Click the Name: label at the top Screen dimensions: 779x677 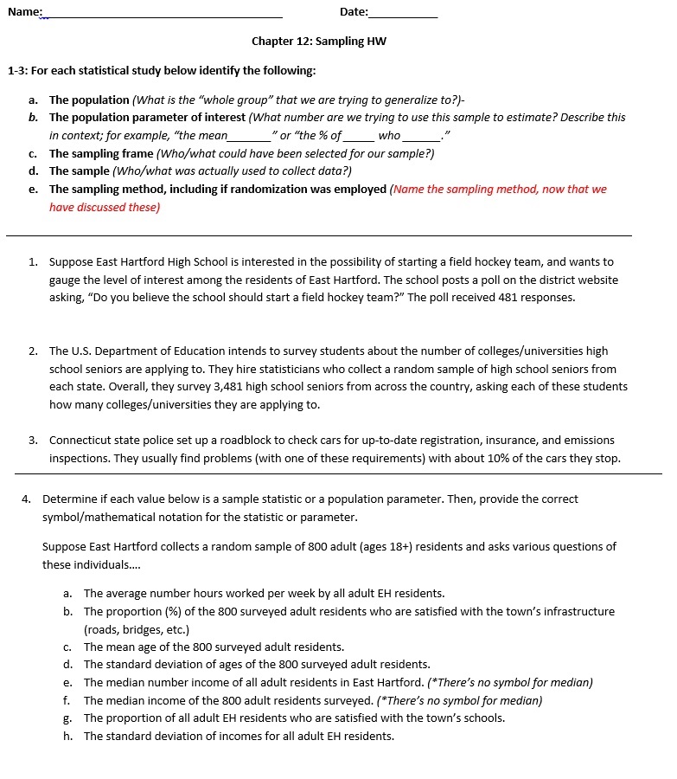tap(25, 11)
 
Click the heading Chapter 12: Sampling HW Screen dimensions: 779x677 tap(319, 42)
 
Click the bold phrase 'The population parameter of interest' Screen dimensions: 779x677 tap(147, 118)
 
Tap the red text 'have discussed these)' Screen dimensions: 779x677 tap(105, 208)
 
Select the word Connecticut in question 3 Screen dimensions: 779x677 tap(80, 441)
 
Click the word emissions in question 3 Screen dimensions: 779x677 tap(590, 441)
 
